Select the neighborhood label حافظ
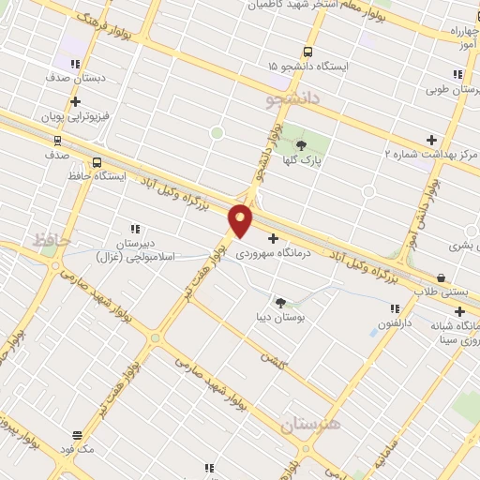pos(52,240)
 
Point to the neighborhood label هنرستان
pos(310,425)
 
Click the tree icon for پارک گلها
pos(302,144)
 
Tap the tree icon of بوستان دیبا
pos(280,302)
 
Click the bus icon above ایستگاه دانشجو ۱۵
pos(308,52)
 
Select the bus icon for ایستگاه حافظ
pos(97,161)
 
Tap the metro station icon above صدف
pos(58,141)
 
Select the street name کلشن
pos(273,358)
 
